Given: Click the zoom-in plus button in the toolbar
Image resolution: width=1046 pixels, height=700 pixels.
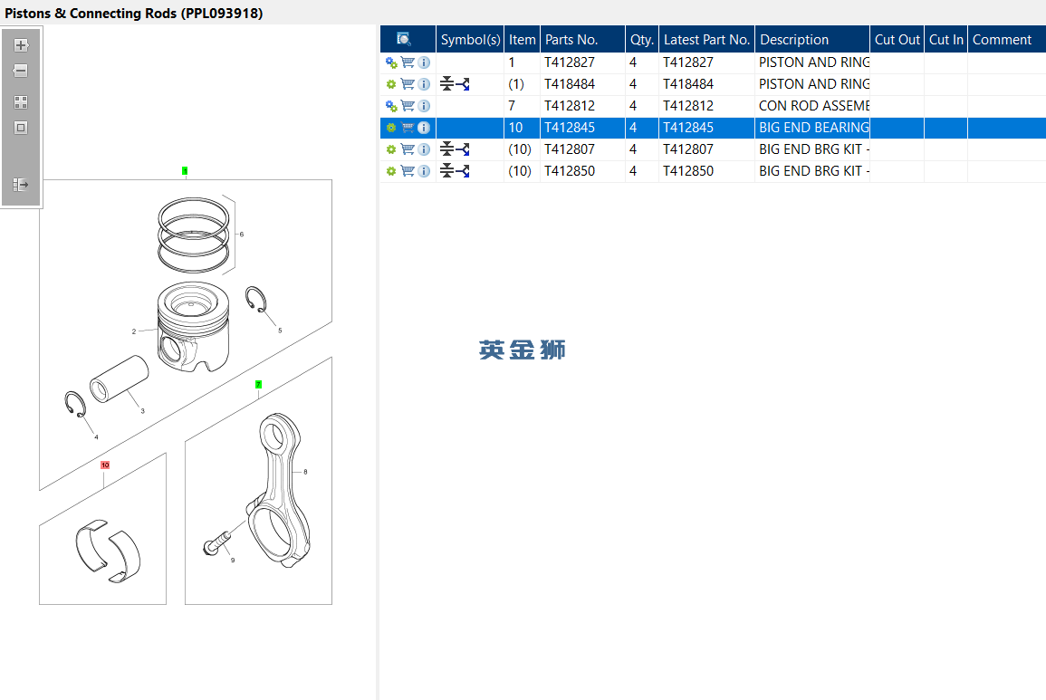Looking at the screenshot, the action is click(21, 45).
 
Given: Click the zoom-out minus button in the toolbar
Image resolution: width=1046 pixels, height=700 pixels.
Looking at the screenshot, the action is click(21, 71).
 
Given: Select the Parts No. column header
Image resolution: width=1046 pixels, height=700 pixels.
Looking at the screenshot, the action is click(571, 39).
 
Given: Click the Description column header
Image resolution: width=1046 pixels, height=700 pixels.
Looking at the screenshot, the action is click(794, 39).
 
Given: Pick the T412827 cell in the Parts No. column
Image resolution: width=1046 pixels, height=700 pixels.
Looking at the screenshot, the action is click(570, 62).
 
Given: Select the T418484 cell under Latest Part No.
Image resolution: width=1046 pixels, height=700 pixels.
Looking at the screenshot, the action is click(687, 84).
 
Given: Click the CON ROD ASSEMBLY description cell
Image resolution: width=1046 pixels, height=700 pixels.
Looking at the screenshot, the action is click(814, 105).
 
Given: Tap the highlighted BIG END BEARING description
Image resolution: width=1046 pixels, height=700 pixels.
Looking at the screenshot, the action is click(814, 128).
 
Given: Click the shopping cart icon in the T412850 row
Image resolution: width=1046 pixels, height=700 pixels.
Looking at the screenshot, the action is click(408, 171).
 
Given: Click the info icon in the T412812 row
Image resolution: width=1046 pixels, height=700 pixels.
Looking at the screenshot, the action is click(424, 106).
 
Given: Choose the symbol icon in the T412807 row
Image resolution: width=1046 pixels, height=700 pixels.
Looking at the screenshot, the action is click(455, 149).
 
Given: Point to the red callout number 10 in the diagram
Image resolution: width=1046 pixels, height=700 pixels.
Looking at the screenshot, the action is click(105, 465).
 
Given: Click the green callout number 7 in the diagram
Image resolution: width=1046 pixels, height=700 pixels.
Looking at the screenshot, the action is click(258, 384).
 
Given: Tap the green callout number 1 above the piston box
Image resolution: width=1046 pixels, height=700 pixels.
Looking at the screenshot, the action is click(185, 171).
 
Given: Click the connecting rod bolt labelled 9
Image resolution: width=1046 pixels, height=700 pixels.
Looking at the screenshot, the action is click(216, 542).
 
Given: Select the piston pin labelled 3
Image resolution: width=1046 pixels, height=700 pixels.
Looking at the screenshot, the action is click(119, 379).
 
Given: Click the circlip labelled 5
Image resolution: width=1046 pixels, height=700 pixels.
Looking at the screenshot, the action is click(256, 299).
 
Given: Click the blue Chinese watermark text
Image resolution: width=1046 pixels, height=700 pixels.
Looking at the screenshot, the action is click(523, 350).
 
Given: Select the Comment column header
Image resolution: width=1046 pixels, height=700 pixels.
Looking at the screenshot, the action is click(1002, 39).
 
